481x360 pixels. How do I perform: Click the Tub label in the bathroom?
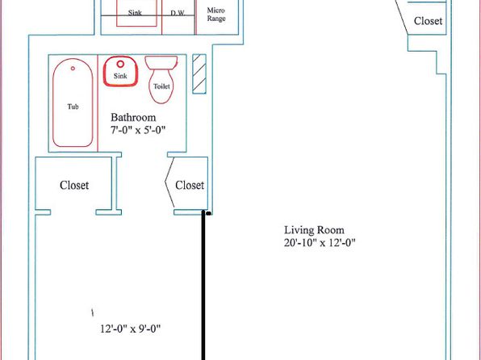pyautogui.click(x=73, y=107)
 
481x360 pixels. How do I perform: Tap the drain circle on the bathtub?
pyautogui.click(x=73, y=68)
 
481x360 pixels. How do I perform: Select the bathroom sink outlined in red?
pyautogui.click(x=120, y=71)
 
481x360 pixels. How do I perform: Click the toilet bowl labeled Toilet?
pyautogui.click(x=161, y=86)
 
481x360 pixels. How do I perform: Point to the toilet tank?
pyautogui.click(x=161, y=63)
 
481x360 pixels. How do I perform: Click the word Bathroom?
pyautogui.click(x=133, y=117)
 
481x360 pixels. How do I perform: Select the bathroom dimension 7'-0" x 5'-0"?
pyautogui.click(x=138, y=130)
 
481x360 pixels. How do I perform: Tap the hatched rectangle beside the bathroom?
pyautogui.click(x=199, y=74)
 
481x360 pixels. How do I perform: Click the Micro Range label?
pyautogui.click(x=216, y=15)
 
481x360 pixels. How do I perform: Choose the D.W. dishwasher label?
pyautogui.click(x=178, y=13)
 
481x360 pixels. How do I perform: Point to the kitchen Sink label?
pyautogui.click(x=135, y=13)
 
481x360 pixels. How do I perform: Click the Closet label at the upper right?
pyautogui.click(x=428, y=21)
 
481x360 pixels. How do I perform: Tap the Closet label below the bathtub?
pyautogui.click(x=74, y=185)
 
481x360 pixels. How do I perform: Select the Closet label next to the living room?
pyautogui.click(x=190, y=185)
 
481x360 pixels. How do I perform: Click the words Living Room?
pyautogui.click(x=314, y=230)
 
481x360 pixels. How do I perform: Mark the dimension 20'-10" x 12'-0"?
pyautogui.click(x=320, y=243)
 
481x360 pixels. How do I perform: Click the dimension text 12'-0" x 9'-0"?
pyautogui.click(x=131, y=329)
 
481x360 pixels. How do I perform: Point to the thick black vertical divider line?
pyautogui.click(x=203, y=286)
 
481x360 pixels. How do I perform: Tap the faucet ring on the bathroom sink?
pyautogui.click(x=120, y=64)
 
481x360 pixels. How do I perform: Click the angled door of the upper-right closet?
pyautogui.click(x=402, y=17)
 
